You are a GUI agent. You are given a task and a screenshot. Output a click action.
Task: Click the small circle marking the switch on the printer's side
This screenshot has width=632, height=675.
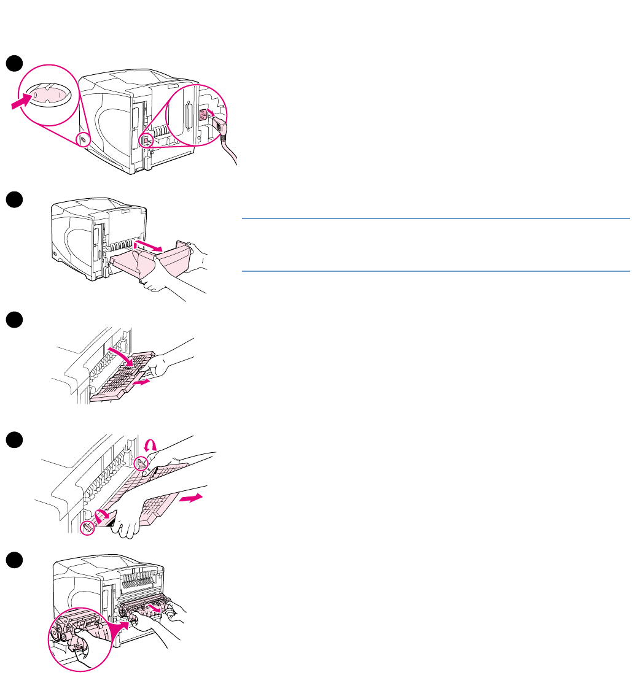click(x=84, y=141)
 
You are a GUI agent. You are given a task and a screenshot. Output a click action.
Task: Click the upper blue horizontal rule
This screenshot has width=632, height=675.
click(x=436, y=218)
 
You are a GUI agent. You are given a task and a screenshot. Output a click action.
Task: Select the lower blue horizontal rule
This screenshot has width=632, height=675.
click(x=436, y=271)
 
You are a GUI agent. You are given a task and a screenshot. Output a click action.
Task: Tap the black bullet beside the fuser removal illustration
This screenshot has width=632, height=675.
click(x=14, y=560)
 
